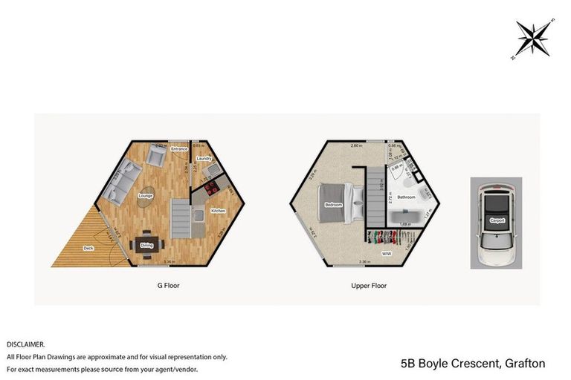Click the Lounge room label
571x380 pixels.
coord(146,196)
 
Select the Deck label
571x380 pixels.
coord(88,248)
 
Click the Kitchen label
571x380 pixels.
coord(218,211)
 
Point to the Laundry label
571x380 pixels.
coord(205,159)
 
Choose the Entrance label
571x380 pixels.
coord(179,149)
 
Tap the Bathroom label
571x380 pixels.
coord(406,197)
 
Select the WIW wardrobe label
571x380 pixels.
coord(387,254)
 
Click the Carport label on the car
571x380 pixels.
coord(497,220)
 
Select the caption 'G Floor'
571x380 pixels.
coord(169,285)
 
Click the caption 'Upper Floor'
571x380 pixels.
coord(369,285)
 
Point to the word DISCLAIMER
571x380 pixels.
coord(26,344)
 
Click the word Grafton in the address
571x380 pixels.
coord(525,364)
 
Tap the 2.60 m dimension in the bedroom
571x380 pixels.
coord(356,146)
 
